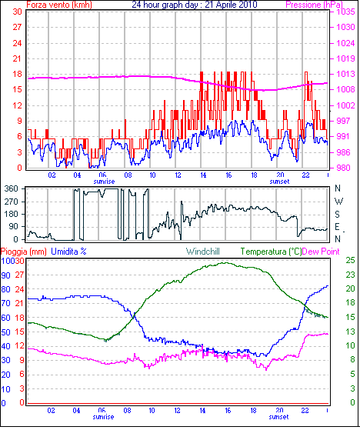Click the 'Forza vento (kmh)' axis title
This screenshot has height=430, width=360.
pos(59,5)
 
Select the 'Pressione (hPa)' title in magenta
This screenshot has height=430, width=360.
pos(314,5)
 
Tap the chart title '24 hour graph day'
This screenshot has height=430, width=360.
pos(164,5)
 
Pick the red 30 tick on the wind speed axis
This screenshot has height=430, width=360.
pos(17,12)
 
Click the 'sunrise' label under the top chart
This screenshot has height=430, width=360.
pos(104,182)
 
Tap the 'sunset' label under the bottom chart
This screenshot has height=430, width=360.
pos(278,417)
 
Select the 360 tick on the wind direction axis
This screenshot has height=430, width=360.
pos(12,188)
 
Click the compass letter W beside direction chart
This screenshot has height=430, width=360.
pos(339,202)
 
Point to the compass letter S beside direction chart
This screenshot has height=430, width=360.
pos(338,214)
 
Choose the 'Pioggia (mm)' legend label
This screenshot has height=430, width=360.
pos(24,252)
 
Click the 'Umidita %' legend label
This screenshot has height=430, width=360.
pos(68,252)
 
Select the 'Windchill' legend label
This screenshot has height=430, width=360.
pos(203,252)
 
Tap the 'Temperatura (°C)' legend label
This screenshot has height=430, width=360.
pos(271,252)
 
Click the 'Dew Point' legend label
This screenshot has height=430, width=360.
pos(321,252)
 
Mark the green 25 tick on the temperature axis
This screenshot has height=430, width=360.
pos(350,260)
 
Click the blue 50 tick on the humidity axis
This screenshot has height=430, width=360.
pos(5,332)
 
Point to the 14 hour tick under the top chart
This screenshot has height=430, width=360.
pos(203,175)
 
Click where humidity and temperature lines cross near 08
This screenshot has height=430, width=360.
pos(135,316)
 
